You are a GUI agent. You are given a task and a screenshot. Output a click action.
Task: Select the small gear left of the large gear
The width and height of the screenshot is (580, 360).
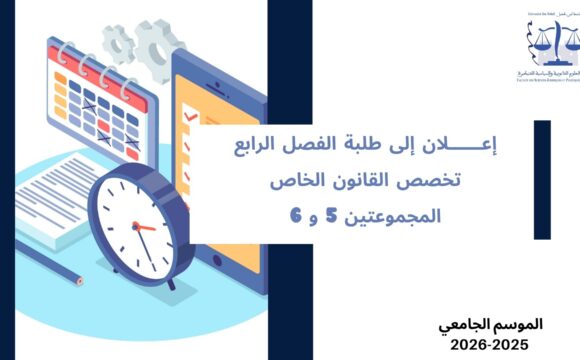(x=118, y=41)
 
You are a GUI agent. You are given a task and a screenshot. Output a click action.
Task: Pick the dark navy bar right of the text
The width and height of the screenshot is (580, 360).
(x=541, y=180)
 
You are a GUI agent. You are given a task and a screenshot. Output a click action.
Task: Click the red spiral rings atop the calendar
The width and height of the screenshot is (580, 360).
(x=90, y=61)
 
